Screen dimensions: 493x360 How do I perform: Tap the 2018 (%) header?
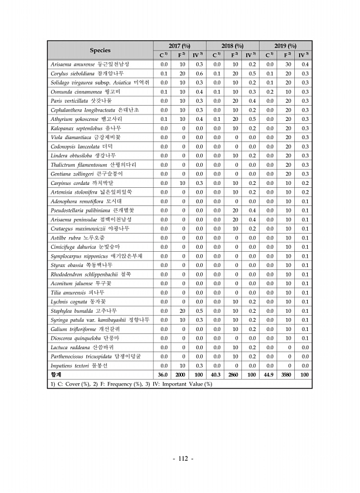coord(233,46)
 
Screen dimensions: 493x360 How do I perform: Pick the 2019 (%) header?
coord(286,46)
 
